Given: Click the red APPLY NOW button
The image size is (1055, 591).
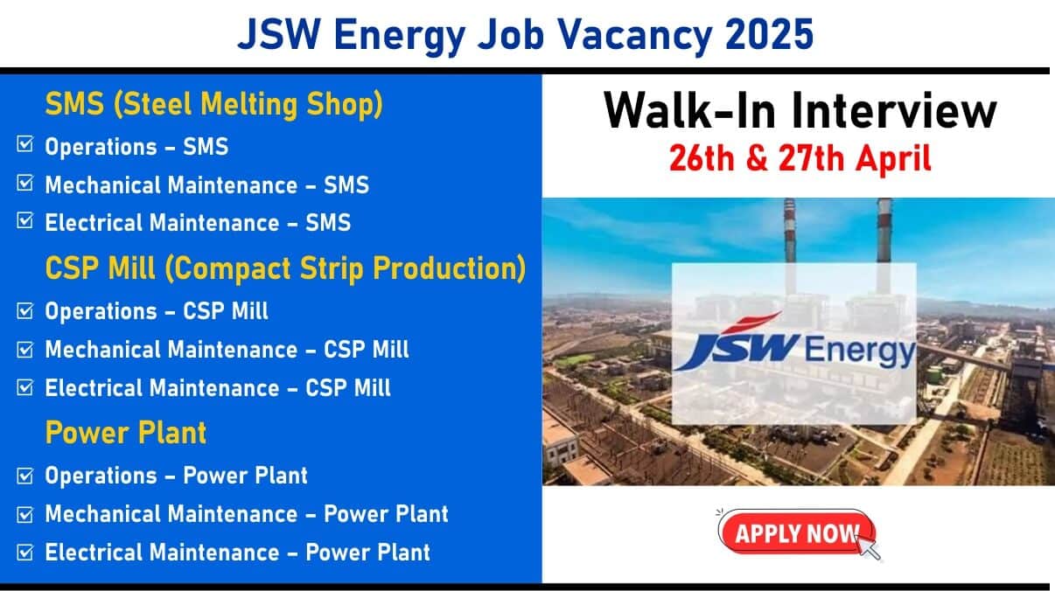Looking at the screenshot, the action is pyautogui.click(x=796, y=532).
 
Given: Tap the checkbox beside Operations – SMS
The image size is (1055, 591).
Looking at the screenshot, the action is pyautogui.click(x=25, y=144).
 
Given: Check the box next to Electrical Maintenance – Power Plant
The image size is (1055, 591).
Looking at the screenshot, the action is pyautogui.click(x=25, y=552).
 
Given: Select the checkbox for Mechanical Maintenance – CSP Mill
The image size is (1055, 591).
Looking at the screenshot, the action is pyautogui.click(x=25, y=349).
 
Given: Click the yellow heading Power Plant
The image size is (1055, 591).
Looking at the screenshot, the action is pyautogui.click(x=126, y=432).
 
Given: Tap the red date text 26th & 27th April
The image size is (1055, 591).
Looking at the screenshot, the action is pyautogui.click(x=800, y=158).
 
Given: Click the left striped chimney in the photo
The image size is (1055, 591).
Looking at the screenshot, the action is pyautogui.click(x=790, y=231).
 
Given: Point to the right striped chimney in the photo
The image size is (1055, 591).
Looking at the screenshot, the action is pyautogui.click(x=884, y=231).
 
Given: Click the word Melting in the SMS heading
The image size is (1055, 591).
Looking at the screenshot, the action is pyautogui.click(x=249, y=103).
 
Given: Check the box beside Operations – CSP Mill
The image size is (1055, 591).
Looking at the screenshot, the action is pyautogui.click(x=25, y=310).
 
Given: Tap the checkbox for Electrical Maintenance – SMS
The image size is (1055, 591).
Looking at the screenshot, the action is pyautogui.click(x=25, y=220).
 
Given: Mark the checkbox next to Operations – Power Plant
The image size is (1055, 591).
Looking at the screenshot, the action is pyautogui.click(x=25, y=476).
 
